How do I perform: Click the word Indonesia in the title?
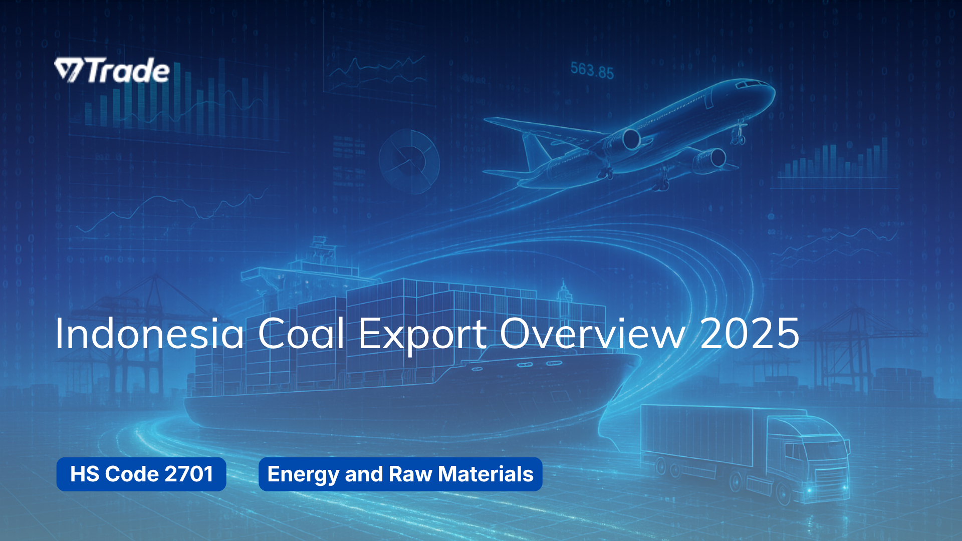tap(149, 334)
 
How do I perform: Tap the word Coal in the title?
tap(301, 334)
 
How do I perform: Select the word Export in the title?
tap(422, 335)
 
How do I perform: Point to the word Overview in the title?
tap(593, 334)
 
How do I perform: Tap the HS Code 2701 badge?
tap(141, 474)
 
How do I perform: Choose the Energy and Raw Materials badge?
tap(400, 474)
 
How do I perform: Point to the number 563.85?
tap(592, 71)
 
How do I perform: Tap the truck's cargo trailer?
tap(701, 436)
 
